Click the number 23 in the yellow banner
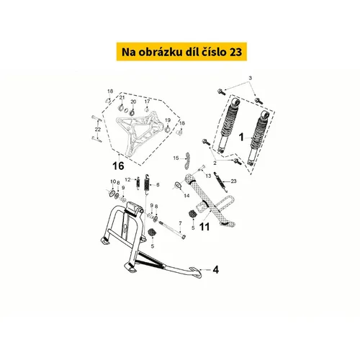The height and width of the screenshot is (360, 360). click(x=236, y=52)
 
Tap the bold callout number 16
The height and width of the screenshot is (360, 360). click(x=118, y=166)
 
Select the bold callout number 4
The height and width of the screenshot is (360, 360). click(x=216, y=270)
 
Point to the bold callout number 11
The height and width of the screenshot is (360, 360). click(x=204, y=227)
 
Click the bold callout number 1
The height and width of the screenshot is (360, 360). click(x=241, y=137)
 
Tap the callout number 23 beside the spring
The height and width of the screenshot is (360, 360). click(x=233, y=181)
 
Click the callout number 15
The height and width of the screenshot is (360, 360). click(x=176, y=158)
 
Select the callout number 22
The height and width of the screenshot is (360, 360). click(x=97, y=130)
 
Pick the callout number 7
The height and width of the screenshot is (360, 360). click(x=180, y=223)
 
